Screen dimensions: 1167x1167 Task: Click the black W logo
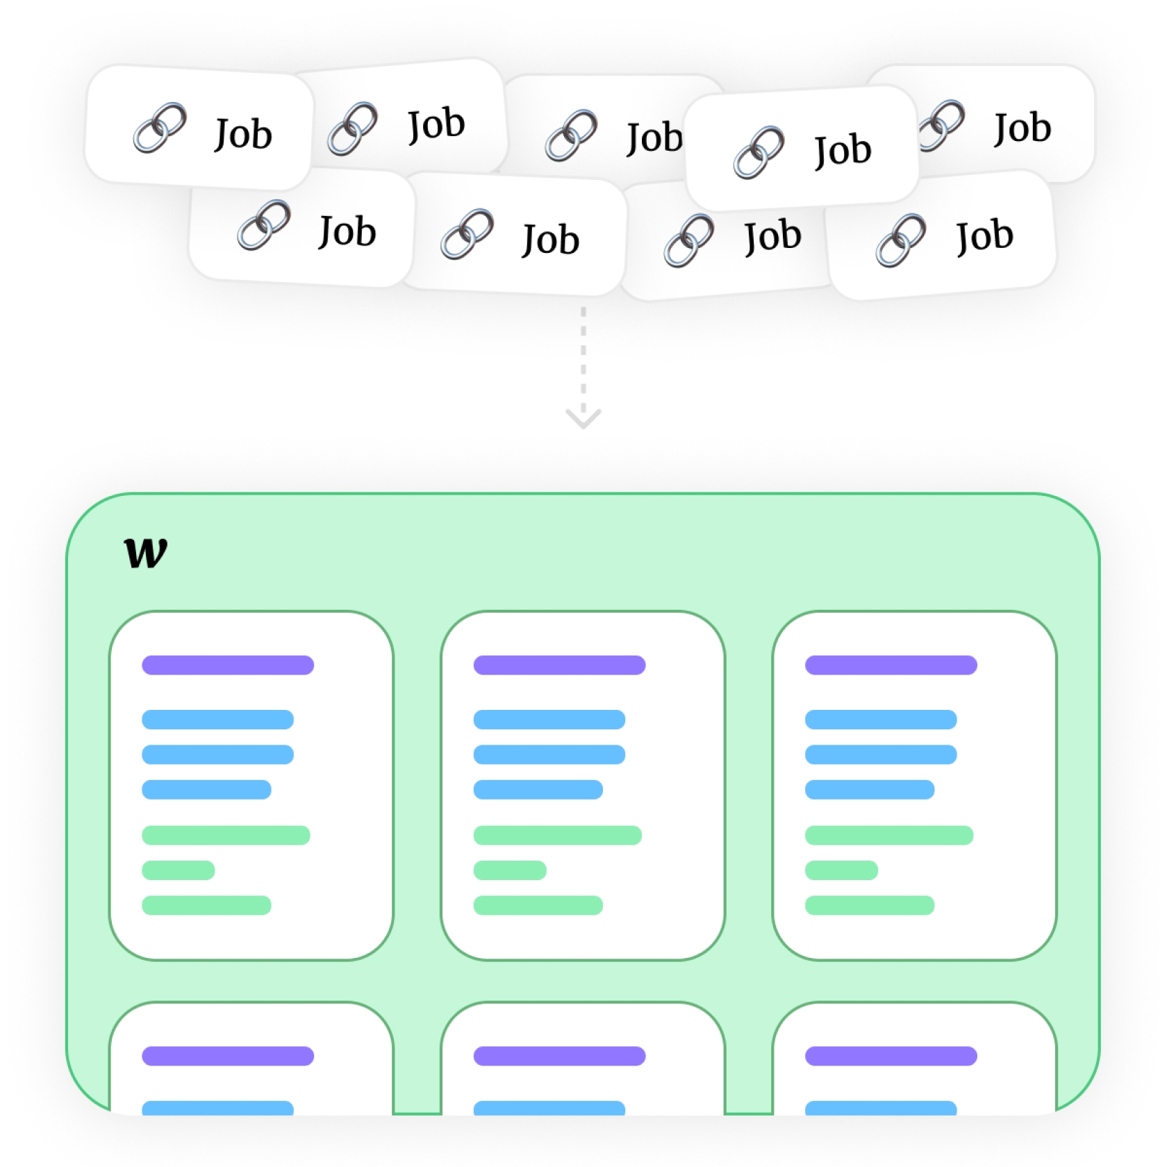pyautogui.click(x=146, y=553)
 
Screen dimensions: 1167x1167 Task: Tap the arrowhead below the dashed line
pyautogui.click(x=583, y=417)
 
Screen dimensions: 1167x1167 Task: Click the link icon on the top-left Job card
pyautogui.click(x=160, y=128)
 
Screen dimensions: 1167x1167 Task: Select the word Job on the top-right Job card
pyautogui.click(x=1022, y=128)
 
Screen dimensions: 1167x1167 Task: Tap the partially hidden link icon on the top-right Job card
pyautogui.click(x=943, y=125)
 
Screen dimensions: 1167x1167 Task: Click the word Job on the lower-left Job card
pyautogui.click(x=347, y=231)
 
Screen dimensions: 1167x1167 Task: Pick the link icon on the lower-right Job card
pyautogui.click(x=901, y=240)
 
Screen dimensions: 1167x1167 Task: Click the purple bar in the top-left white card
pyautogui.click(x=228, y=665)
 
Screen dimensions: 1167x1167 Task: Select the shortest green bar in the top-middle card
pyautogui.click(x=510, y=870)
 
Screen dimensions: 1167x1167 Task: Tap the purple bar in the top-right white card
pyautogui.click(x=891, y=665)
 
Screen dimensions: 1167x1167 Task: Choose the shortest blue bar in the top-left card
pyautogui.click(x=206, y=789)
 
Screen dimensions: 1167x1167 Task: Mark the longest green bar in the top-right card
pyautogui.click(x=888, y=835)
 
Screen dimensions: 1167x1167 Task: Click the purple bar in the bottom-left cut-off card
pyautogui.click(x=228, y=1056)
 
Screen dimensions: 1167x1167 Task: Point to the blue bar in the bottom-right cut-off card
pyautogui.click(x=881, y=1108)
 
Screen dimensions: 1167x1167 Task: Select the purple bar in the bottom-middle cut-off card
pyautogui.click(x=559, y=1056)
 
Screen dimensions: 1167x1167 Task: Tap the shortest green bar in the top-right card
pyautogui.click(x=841, y=870)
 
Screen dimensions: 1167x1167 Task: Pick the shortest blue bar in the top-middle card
pyautogui.click(x=538, y=789)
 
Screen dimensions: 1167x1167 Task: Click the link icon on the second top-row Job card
pyautogui.click(x=353, y=129)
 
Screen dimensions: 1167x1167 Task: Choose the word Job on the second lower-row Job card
pyautogui.click(x=550, y=240)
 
